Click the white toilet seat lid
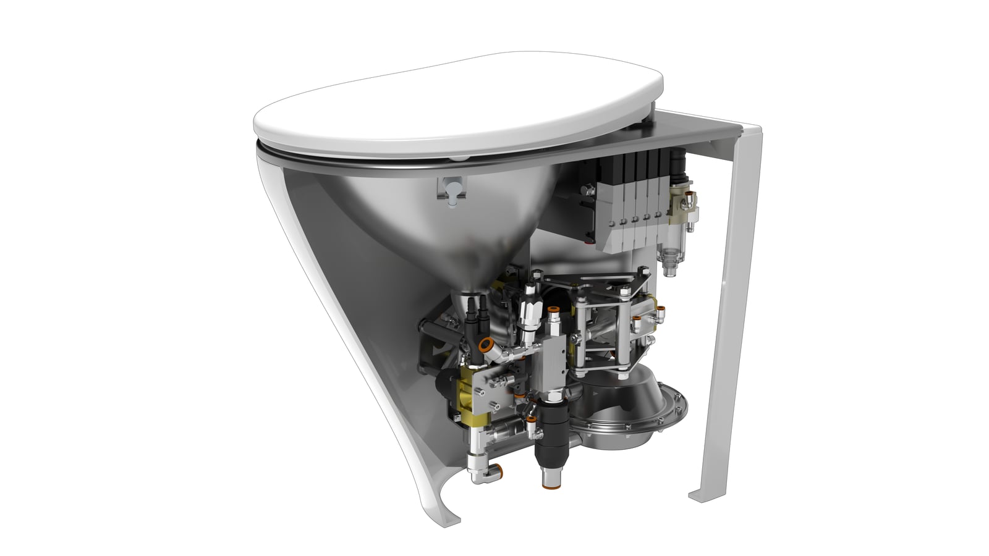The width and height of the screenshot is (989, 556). [457, 117]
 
